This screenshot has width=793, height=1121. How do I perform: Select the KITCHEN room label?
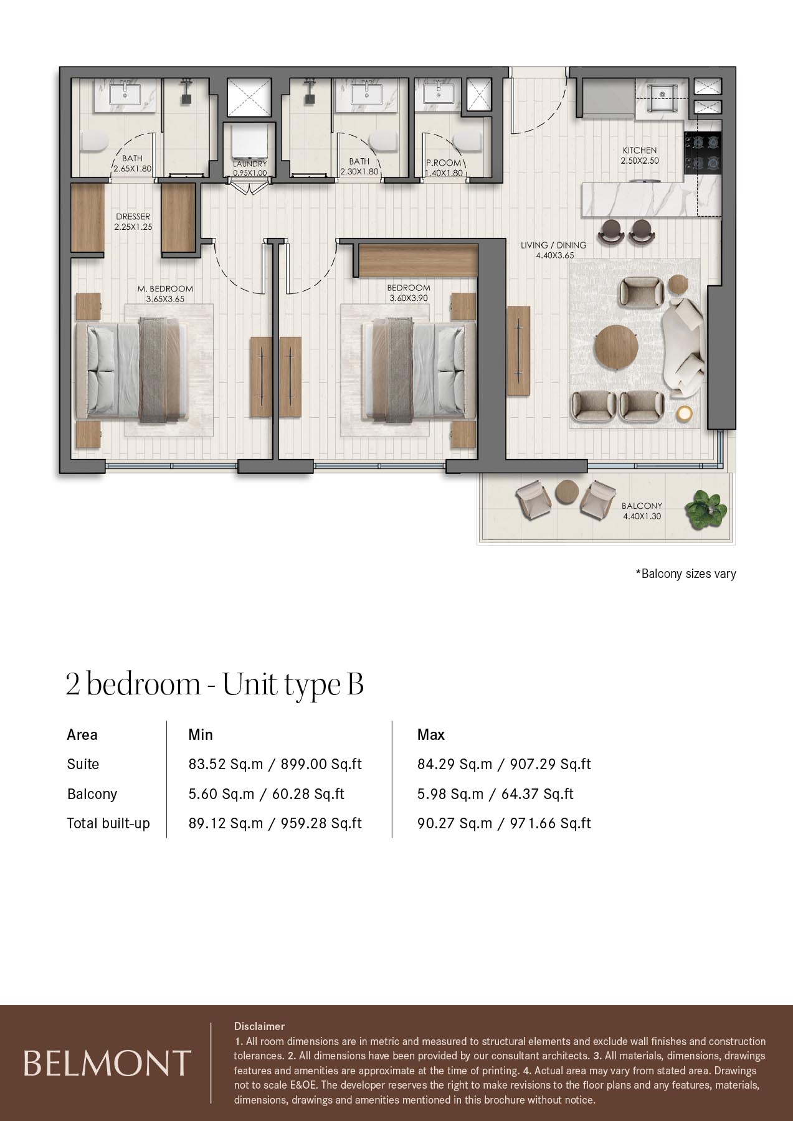coord(640,150)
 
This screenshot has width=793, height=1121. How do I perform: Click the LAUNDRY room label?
coord(250,164)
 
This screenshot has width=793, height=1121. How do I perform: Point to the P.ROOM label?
coord(444,163)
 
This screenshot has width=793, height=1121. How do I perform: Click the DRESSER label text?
coord(133,217)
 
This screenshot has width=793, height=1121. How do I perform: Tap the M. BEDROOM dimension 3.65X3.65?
coord(165,299)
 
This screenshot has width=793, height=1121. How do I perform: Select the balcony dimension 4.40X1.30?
coord(642,516)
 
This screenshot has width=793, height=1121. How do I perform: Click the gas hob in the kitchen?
coord(703,152)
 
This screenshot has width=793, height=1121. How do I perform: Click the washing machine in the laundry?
coord(249,143)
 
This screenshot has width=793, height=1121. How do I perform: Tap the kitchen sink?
coord(662,97)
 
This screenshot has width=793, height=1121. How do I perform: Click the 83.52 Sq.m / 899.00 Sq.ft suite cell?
coord(275,764)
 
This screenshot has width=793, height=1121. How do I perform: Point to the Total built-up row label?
coord(108,823)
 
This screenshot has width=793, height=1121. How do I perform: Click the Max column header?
coord(431,735)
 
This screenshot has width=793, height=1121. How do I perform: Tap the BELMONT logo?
coord(107,1063)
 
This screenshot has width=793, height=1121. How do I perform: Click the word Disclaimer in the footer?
coord(259,1026)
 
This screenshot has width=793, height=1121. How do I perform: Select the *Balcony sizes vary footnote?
coord(685,574)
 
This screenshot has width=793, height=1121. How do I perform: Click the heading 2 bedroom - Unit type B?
coord(215,684)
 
